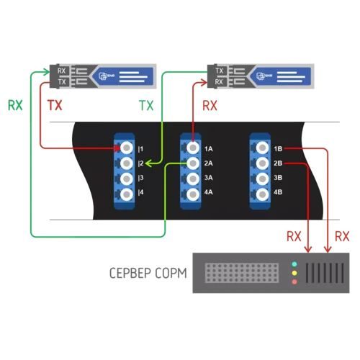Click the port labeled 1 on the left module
127,148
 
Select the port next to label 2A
192,163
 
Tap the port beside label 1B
261,148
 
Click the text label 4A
209,193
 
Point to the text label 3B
278,178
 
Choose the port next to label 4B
261,193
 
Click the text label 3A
209,178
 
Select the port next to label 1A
192,148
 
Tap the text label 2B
278,163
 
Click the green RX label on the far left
14,106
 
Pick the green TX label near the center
146,106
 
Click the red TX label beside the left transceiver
55,106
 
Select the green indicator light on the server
294,264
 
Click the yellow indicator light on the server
294,273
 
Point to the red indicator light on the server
294,282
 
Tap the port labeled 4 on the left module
127,193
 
